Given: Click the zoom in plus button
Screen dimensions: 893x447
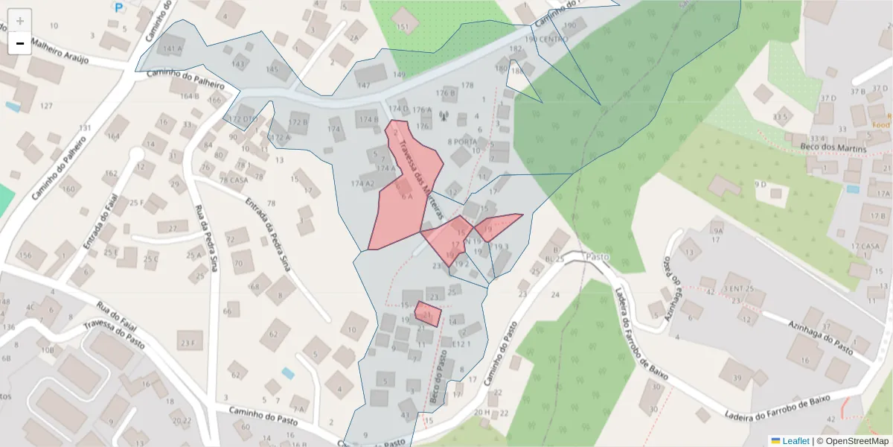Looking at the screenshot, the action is coord(20,21).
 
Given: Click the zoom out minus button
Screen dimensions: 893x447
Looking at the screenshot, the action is coord(20,43).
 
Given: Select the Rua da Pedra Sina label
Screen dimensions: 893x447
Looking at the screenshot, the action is coord(205,238).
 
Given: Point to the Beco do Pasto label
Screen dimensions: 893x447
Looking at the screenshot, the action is coord(438,376).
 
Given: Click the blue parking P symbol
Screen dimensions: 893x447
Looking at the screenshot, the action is coord(118,7).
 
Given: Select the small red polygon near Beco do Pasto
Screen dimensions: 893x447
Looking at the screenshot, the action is coord(428,314).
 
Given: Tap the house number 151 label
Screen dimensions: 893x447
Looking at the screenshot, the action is coord(403,28).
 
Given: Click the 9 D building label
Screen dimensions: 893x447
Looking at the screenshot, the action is coord(760,184).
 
